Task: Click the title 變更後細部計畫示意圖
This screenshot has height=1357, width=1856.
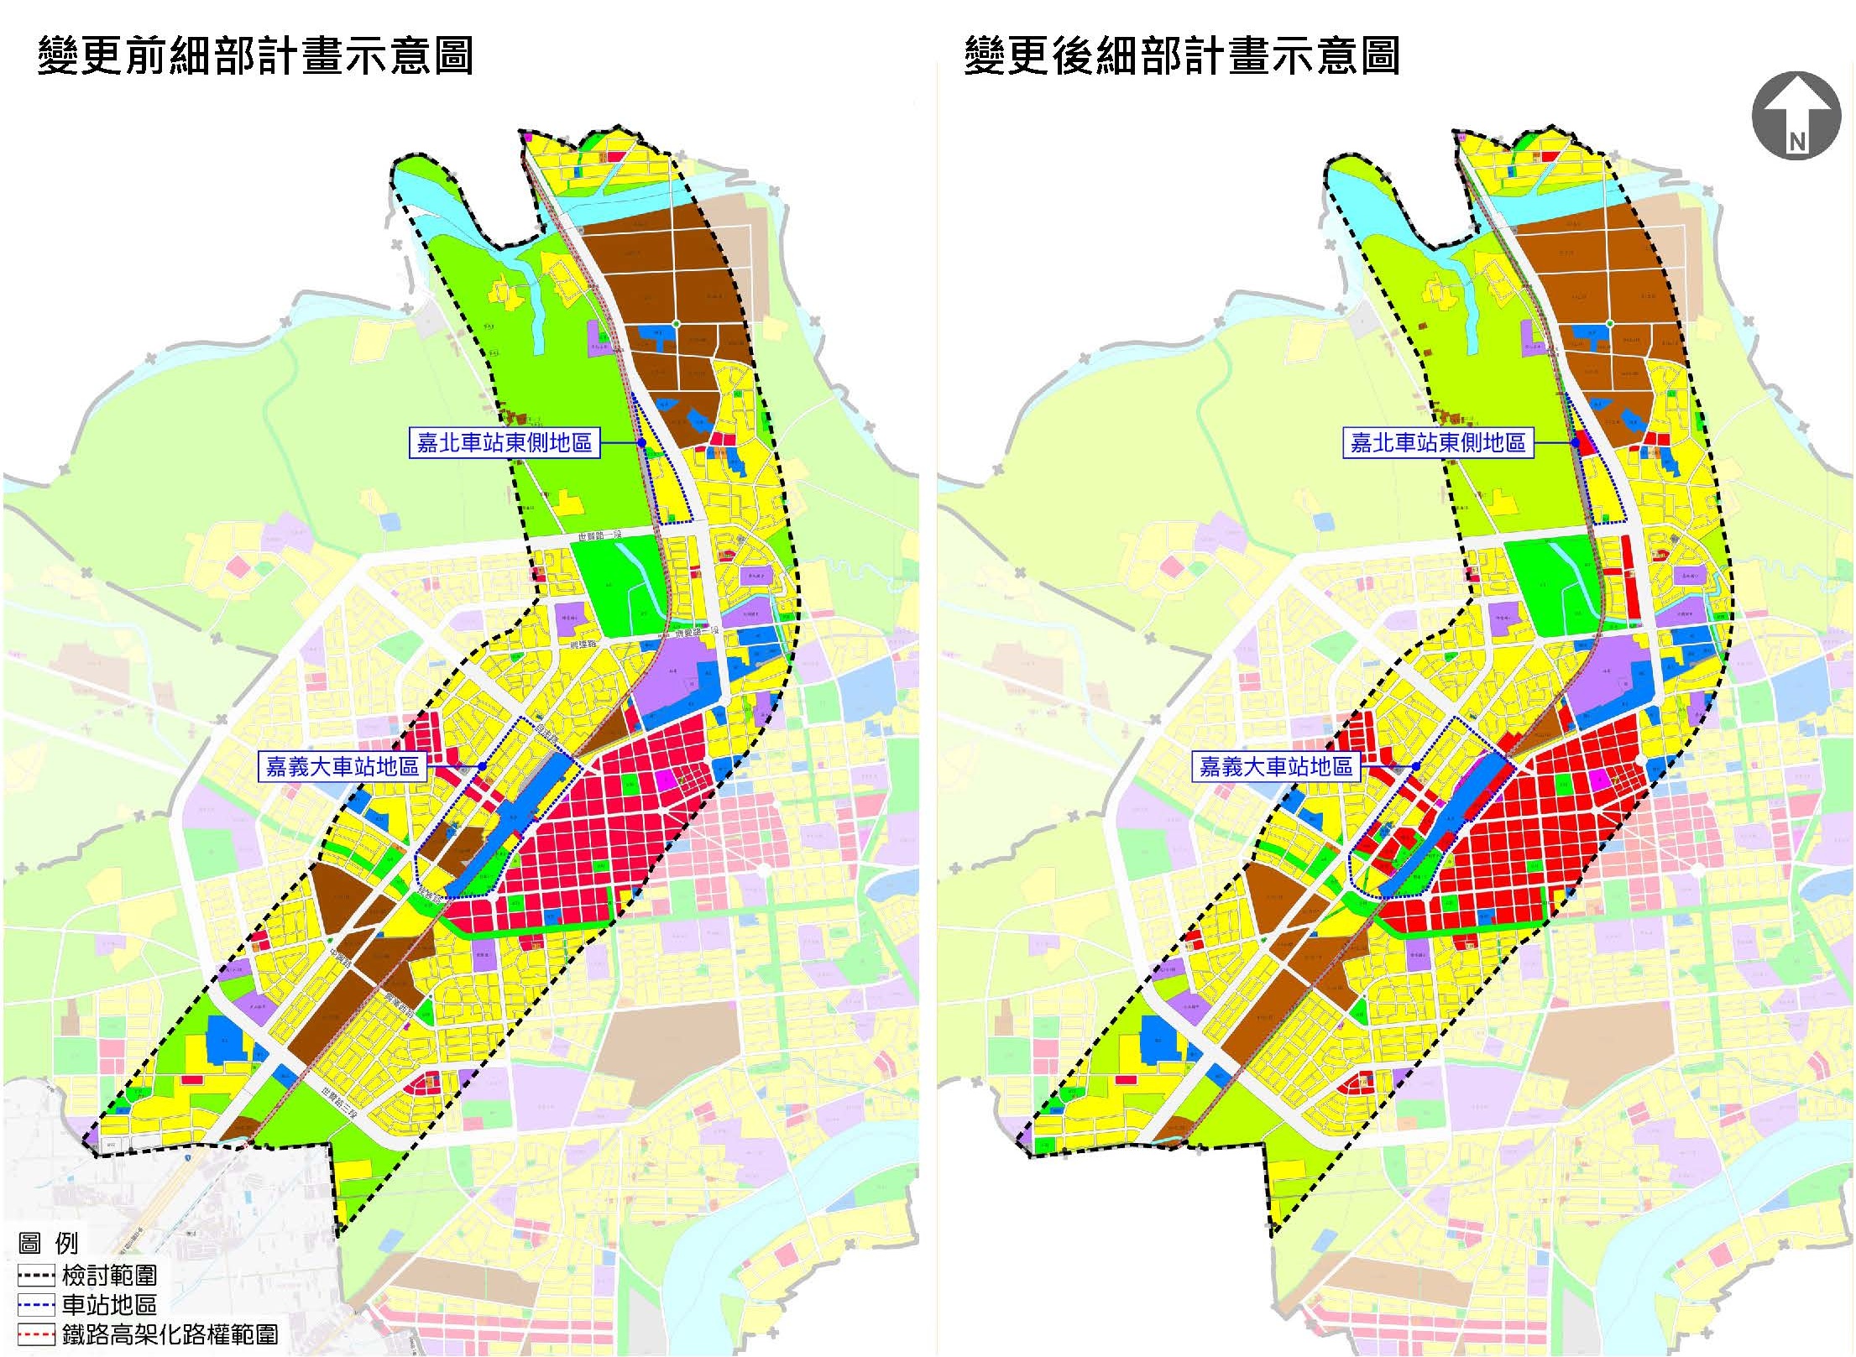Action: [1182, 56]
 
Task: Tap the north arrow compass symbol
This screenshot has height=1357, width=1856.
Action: [1796, 116]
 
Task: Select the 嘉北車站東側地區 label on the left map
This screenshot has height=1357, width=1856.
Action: [505, 442]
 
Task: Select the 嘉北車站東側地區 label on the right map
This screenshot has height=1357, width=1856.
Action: [1438, 442]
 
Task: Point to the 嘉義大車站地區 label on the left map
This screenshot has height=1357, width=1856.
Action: [342, 766]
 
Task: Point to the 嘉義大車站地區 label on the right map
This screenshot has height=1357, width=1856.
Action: [1276, 766]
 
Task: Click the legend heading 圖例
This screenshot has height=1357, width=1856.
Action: [49, 1243]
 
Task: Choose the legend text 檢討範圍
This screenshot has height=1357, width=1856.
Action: [109, 1276]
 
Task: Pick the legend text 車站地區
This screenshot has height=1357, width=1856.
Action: [109, 1305]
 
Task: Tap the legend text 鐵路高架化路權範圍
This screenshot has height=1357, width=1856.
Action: [170, 1334]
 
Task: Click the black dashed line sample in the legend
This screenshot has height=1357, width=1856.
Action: [36, 1277]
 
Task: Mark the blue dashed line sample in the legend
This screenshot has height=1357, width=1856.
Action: [36, 1306]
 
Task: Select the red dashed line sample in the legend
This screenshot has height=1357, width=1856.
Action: [36, 1335]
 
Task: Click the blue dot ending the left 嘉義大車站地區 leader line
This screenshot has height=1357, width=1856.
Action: [482, 766]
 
